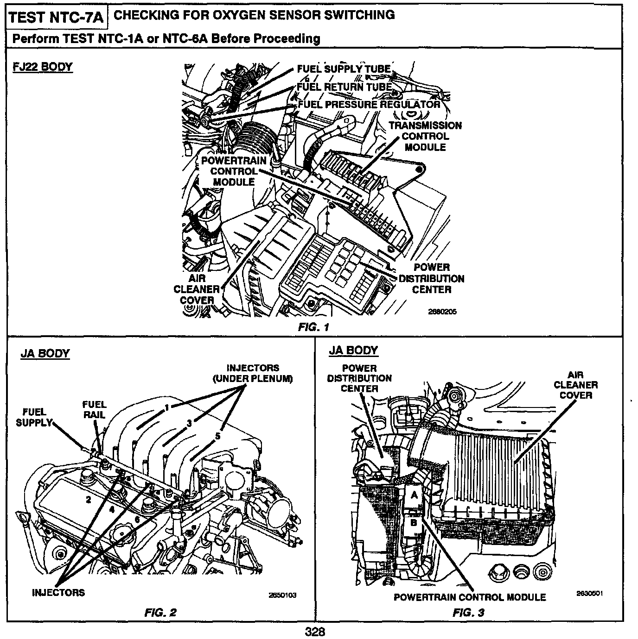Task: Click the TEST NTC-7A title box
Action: [57, 17]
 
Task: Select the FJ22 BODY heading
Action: [43, 67]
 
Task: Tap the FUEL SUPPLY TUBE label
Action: [344, 69]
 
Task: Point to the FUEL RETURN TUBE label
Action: [344, 87]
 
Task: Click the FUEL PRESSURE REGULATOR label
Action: [369, 104]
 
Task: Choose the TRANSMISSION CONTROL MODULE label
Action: [425, 136]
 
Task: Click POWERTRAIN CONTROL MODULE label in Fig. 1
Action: [234, 171]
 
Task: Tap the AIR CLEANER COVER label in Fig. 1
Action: [197, 289]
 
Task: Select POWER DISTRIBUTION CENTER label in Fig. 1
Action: [431, 278]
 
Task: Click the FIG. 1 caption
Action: [313, 327]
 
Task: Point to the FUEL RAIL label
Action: [95, 409]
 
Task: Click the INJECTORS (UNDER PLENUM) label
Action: [253, 373]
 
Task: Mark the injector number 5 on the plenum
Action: [218, 436]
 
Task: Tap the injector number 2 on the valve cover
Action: [88, 499]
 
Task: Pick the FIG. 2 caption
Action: [160, 613]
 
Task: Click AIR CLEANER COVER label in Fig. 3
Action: [575, 385]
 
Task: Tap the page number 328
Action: [315, 632]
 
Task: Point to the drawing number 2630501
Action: [589, 593]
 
